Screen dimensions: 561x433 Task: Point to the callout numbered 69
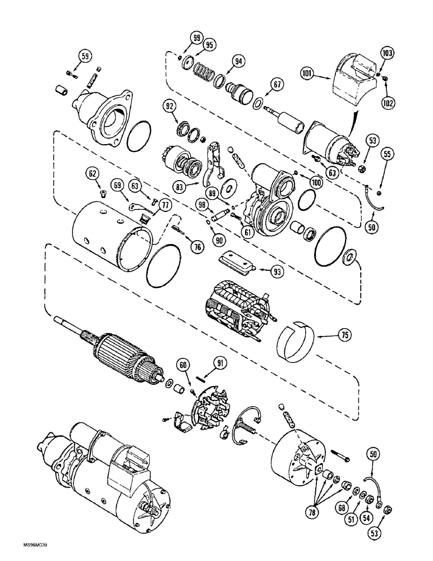click(x=117, y=184)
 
